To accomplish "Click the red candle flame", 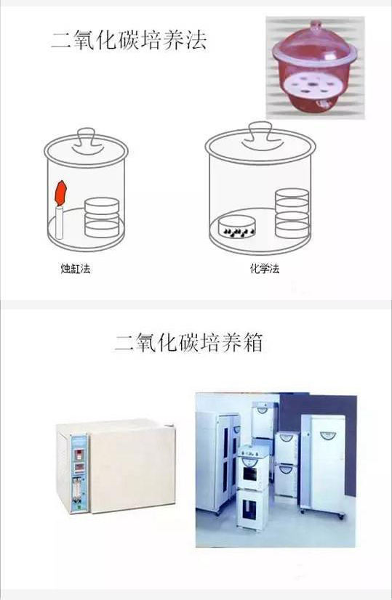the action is (x=61, y=193).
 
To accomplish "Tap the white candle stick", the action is (x=60, y=223).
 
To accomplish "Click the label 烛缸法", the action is (x=76, y=268).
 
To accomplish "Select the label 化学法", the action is (x=265, y=268).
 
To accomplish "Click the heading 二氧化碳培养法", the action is (x=129, y=40).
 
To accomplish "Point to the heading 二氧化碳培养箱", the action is (x=189, y=341).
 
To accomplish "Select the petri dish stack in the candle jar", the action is (x=102, y=217).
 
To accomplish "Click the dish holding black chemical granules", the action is (x=237, y=227).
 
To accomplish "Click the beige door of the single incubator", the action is (x=132, y=468).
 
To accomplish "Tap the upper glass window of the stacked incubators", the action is (x=250, y=473).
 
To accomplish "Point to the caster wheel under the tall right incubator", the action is (x=341, y=516).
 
